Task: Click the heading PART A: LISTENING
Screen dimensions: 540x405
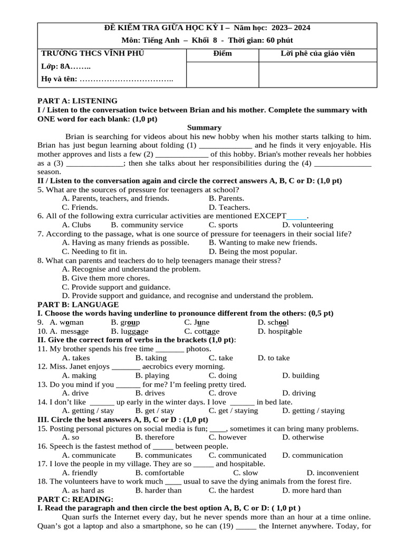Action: (78, 101)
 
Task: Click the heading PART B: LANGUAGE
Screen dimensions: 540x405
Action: (78, 304)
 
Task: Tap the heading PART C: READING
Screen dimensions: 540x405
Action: (75, 499)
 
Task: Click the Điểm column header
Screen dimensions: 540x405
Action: (222, 53)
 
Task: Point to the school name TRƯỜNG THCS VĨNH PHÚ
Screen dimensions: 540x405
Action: (92, 53)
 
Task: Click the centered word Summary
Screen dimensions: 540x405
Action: (204, 127)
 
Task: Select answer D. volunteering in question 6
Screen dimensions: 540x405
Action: (308, 225)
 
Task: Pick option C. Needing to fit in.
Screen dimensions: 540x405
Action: (94, 252)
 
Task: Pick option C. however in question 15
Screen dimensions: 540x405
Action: (227, 437)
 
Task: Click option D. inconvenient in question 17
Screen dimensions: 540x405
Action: (332, 472)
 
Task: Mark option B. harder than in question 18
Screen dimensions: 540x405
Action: (158, 490)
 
